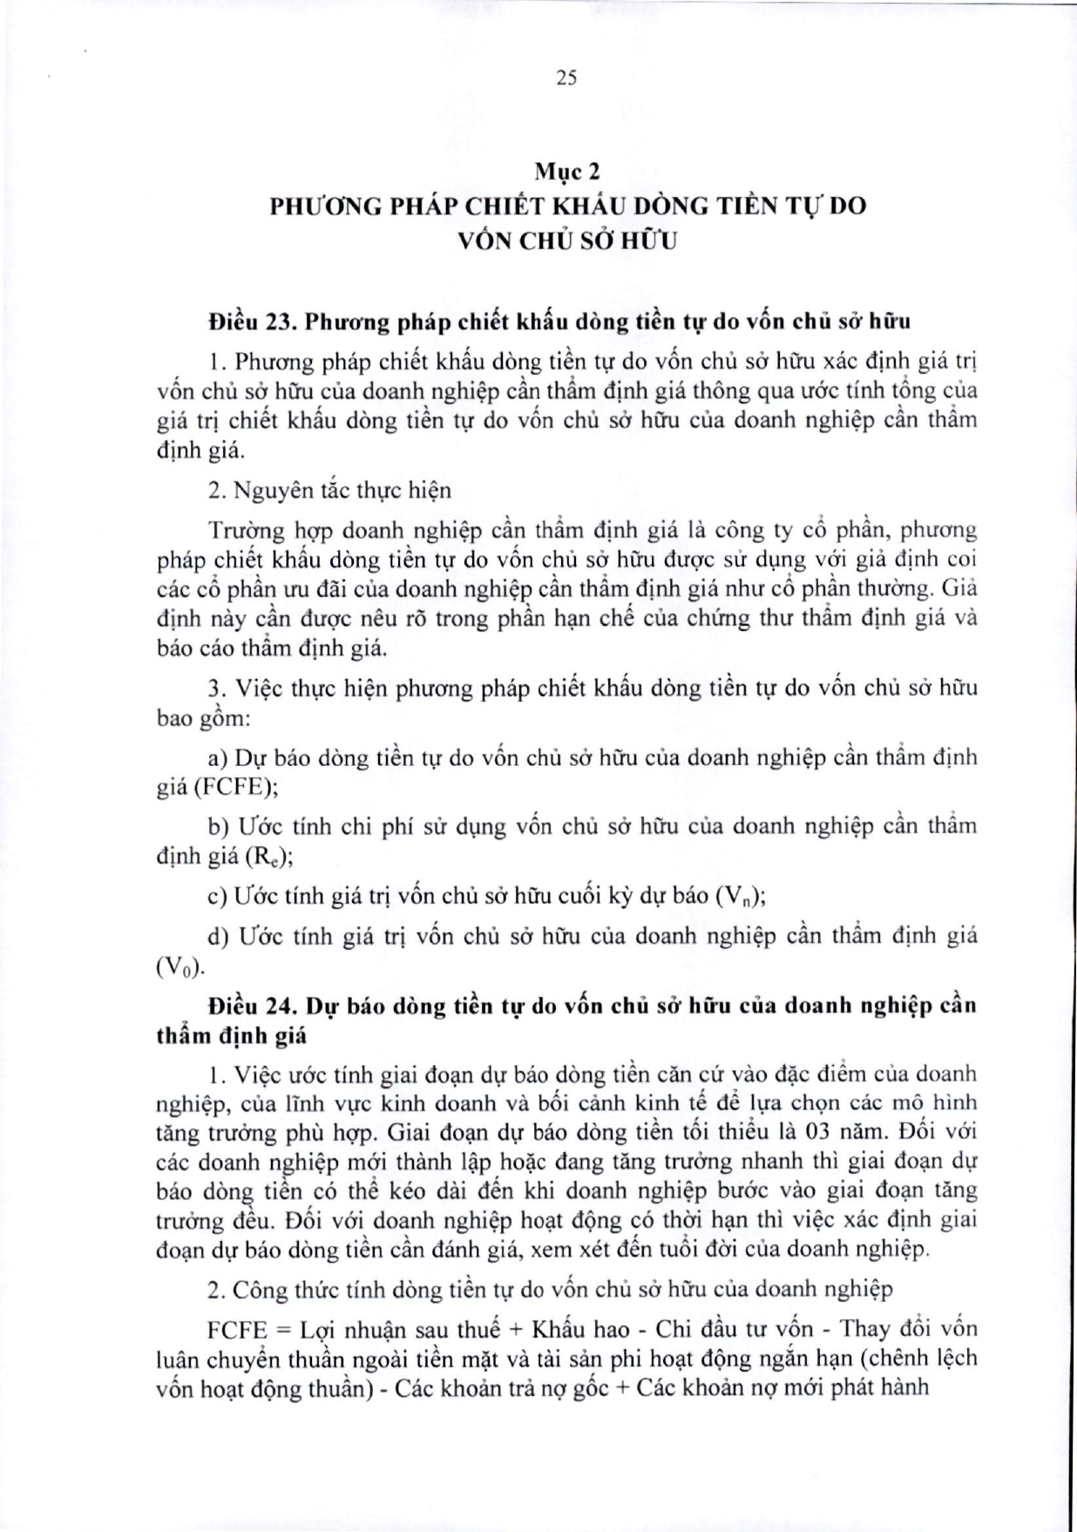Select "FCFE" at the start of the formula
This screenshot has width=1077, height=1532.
[x=240, y=1330]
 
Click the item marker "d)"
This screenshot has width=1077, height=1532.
[x=219, y=937]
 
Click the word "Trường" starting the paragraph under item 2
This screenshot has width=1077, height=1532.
[x=240, y=530]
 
